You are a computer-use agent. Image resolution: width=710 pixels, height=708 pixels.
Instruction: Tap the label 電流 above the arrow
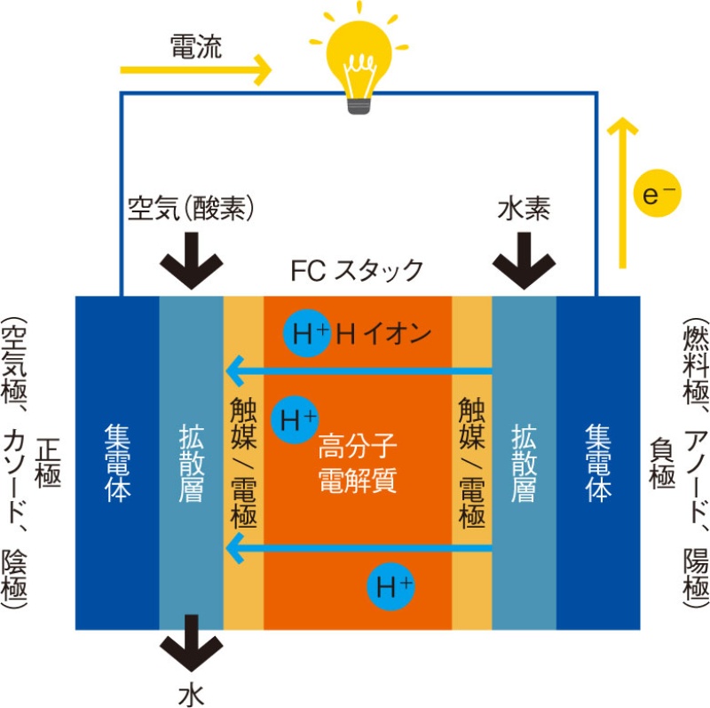coord(196,47)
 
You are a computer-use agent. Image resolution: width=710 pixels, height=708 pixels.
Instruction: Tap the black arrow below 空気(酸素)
coord(191,259)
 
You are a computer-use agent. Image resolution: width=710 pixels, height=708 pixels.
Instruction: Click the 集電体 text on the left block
coord(118,463)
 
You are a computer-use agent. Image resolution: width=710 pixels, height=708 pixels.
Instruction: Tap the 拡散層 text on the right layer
coord(525,463)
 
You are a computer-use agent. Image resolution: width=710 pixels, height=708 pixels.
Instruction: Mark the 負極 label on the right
coord(659,463)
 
